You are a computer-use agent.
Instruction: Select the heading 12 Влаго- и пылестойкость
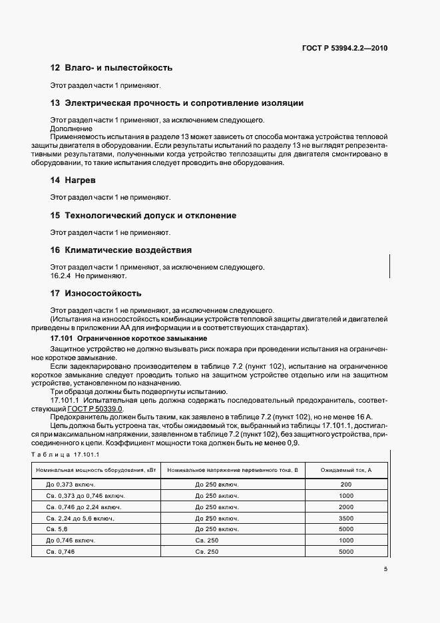(111, 68)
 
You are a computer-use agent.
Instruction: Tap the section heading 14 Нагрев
(73, 180)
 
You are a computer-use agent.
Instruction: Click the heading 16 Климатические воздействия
(121, 250)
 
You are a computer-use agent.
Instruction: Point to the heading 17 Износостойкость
(96, 293)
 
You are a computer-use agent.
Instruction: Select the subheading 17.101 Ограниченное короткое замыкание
(120, 339)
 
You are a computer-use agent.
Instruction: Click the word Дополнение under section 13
(71, 128)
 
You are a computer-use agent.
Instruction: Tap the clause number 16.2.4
(61, 275)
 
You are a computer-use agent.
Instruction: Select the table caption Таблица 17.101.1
(65, 454)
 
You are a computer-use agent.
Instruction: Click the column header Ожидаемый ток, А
(345, 471)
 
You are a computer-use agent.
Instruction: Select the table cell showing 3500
(345, 519)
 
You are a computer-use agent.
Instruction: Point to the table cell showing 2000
(345, 507)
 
